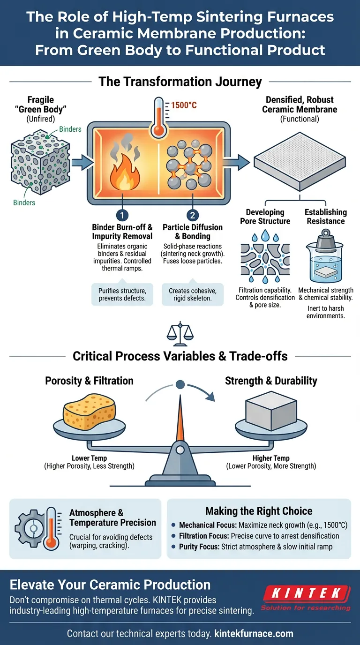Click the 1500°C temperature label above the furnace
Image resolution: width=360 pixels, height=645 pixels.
184,105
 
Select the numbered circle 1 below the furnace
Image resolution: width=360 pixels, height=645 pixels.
122,216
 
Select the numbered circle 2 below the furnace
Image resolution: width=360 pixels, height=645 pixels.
192,216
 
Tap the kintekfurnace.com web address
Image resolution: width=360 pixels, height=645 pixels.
254,634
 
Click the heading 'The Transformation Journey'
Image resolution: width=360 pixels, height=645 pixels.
180,82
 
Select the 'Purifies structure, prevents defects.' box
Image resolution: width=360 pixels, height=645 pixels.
122,295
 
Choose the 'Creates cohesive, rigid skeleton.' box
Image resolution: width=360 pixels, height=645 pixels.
192,295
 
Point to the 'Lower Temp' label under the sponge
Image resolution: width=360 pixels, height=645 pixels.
90,458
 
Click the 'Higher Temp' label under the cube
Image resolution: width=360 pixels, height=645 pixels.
271,458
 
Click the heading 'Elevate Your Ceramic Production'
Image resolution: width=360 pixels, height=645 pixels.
110,585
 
